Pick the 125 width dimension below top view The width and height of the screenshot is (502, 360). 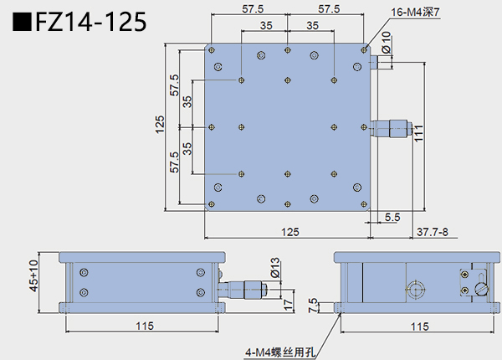[x=289, y=231]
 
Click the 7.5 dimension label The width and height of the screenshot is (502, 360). [x=314, y=303]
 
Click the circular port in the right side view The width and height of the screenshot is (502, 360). [x=415, y=291]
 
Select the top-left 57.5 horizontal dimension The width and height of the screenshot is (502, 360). [x=248, y=9]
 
